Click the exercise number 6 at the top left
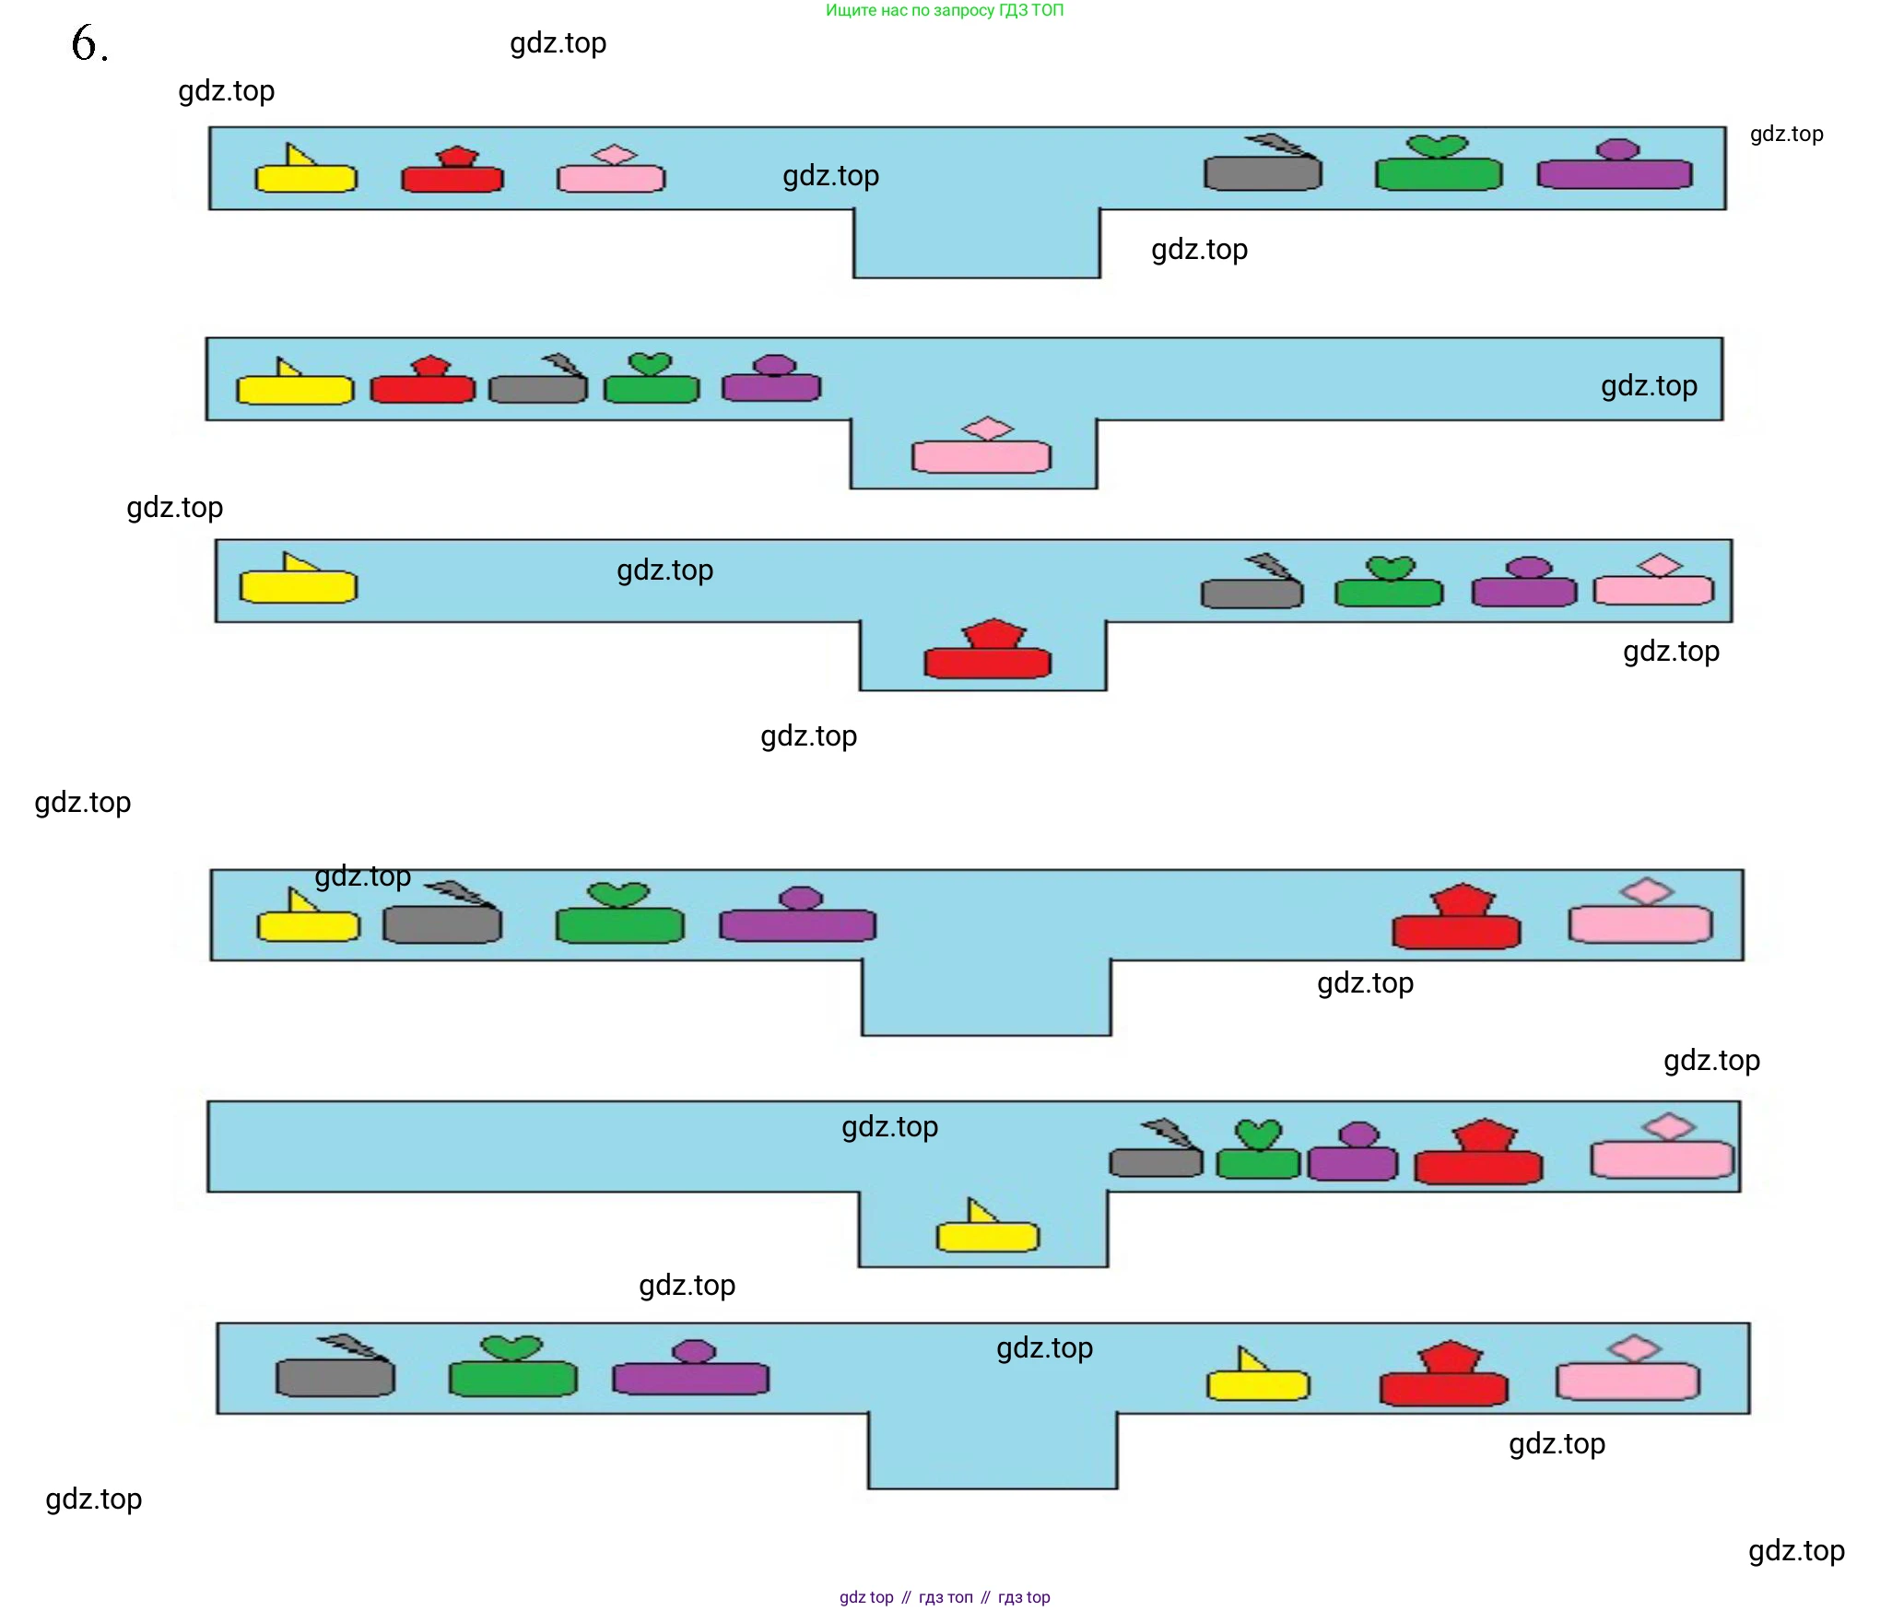(x=88, y=42)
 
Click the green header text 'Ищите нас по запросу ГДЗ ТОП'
(x=944, y=11)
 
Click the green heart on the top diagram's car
(x=1438, y=146)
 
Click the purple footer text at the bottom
(x=944, y=1597)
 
